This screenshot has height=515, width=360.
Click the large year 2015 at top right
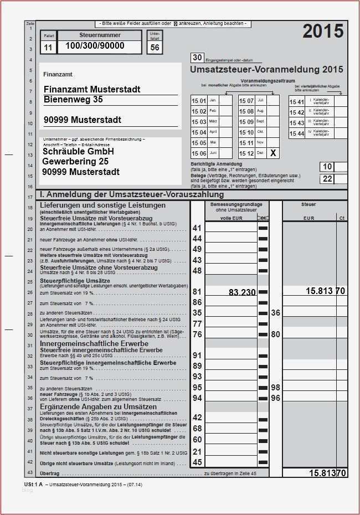(323, 32)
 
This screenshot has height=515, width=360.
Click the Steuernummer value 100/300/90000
(95, 46)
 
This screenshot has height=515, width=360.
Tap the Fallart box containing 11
(48, 48)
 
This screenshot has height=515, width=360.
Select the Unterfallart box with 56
(155, 48)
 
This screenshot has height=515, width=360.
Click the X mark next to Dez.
(272, 153)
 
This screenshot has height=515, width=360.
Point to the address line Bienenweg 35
(73, 100)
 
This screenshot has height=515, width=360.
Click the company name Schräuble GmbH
(78, 151)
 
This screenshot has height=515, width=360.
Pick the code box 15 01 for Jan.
(199, 101)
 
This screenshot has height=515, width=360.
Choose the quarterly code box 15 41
(297, 102)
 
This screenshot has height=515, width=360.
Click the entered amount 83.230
(241, 292)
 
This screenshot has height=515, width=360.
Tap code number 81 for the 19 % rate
(197, 292)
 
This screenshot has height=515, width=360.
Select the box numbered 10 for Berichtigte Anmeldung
(327, 167)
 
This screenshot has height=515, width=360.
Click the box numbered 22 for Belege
(327, 178)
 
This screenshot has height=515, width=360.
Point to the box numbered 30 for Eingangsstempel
(197, 58)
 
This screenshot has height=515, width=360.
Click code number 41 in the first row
(197, 228)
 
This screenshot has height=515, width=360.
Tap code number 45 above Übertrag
(197, 462)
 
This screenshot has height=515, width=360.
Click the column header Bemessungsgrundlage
(236, 205)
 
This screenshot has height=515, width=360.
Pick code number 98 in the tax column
(275, 387)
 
